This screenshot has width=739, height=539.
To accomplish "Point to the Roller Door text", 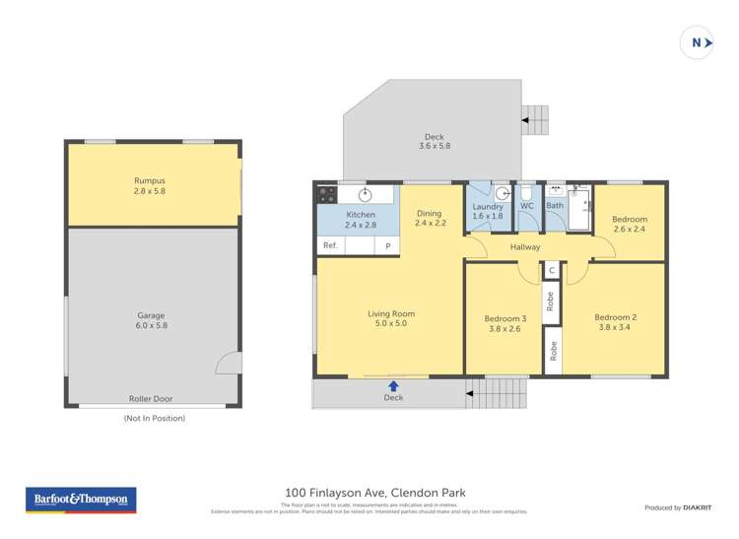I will tap(150, 398).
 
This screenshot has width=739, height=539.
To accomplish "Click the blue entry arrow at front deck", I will tap(393, 386).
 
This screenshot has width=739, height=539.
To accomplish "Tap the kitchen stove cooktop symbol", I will tap(326, 194).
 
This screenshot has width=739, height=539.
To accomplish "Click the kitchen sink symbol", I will tap(365, 194).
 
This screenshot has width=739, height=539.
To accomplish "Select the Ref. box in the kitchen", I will tap(330, 245).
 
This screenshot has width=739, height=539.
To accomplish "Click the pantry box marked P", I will tap(387, 245).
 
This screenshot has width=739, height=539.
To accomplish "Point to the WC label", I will tap(527, 206).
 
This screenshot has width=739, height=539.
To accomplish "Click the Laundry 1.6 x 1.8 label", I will tap(488, 211).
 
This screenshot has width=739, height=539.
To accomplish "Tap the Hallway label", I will tap(524, 247).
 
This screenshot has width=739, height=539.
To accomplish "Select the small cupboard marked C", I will tap(552, 269).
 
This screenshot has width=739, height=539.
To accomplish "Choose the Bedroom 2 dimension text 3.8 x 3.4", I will tap(615, 327).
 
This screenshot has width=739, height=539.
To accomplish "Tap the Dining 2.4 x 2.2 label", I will tap(430, 219).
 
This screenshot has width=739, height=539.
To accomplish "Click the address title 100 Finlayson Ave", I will tap(374, 493).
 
